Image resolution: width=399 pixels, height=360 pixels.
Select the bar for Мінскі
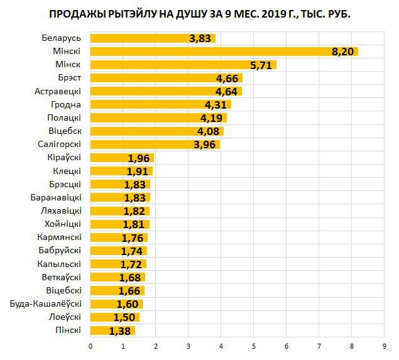click(224, 52)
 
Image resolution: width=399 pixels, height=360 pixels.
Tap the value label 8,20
click(343, 52)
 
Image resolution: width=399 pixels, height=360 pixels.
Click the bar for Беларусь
click(153, 38)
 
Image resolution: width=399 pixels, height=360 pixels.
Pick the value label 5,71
click(262, 65)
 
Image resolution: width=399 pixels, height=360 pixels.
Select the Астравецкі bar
click(166, 91)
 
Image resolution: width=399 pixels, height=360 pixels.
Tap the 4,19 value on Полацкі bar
click(212, 117)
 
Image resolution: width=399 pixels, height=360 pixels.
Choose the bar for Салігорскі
click(155, 145)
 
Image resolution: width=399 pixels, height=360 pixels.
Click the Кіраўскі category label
click(64, 157)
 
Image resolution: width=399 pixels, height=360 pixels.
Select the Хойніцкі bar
click(120, 224)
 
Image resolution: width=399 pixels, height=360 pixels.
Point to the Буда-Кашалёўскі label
click(45, 303)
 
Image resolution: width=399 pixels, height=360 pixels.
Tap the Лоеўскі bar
click(115, 317)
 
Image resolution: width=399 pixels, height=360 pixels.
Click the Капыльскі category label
click(58, 263)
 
